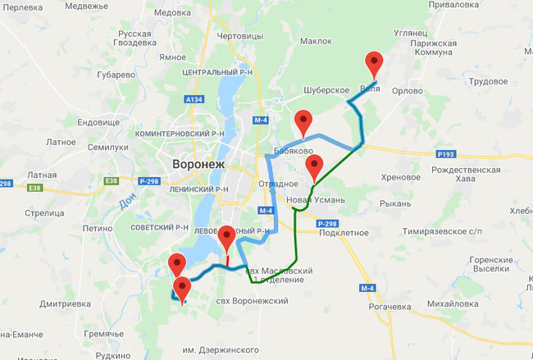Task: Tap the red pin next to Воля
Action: pos(374,64)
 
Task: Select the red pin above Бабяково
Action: pos(304,121)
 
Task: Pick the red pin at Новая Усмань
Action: pos(314,169)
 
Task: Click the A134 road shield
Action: pos(194,99)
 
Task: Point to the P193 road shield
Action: pos(445,153)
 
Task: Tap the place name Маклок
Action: pos(316,40)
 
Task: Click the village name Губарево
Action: pos(116,75)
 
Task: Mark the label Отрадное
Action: pos(276,185)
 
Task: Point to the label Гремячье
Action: pos(104,334)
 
